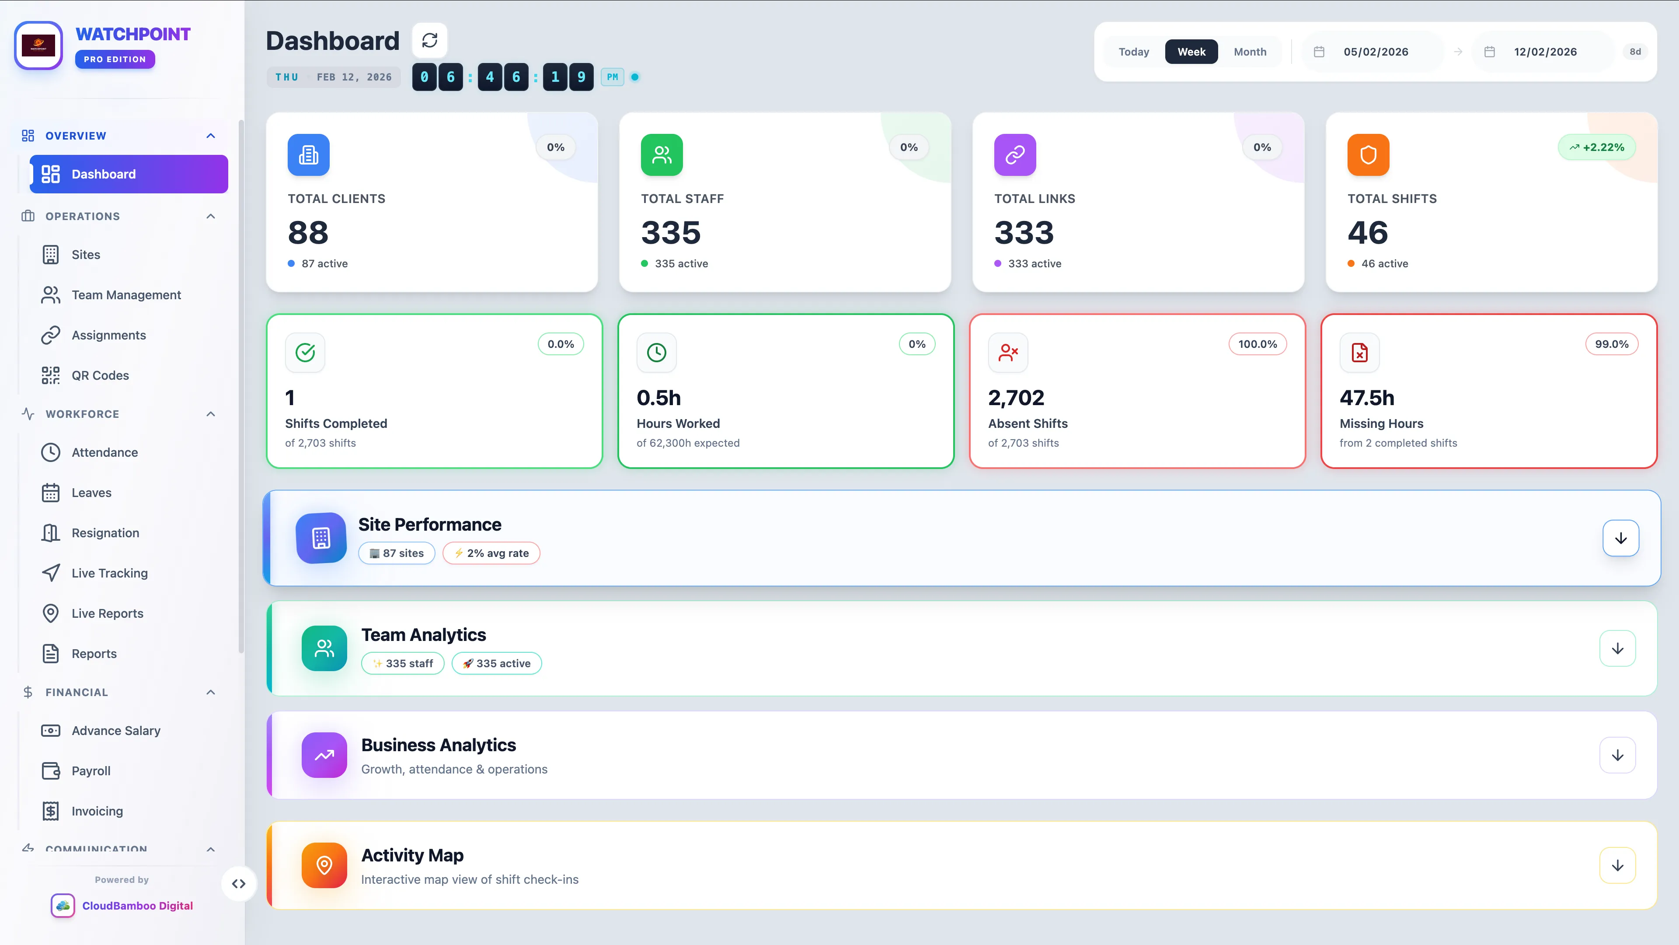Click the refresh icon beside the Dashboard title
[429, 40]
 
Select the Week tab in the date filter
[1191, 52]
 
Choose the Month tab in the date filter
[1250, 52]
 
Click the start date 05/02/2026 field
[1375, 52]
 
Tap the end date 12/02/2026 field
[1545, 52]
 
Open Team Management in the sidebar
[126, 295]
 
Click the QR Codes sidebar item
[100, 375]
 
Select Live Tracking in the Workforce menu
[109, 573]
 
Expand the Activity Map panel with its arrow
[1617, 865]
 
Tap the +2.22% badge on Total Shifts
[1596, 147]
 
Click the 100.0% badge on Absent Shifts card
[1258, 344]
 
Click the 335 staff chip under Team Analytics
[403, 663]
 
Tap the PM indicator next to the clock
[612, 77]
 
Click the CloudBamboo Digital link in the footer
[137, 905]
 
